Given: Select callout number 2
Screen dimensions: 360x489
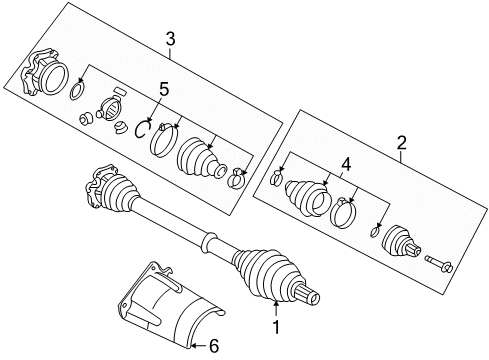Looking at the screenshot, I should click(x=401, y=143).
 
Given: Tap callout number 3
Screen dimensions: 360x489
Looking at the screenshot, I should click(x=170, y=40).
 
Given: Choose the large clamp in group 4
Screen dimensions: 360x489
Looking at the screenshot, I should click(x=343, y=211).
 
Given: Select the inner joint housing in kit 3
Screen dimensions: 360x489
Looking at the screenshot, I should click(x=41, y=76).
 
